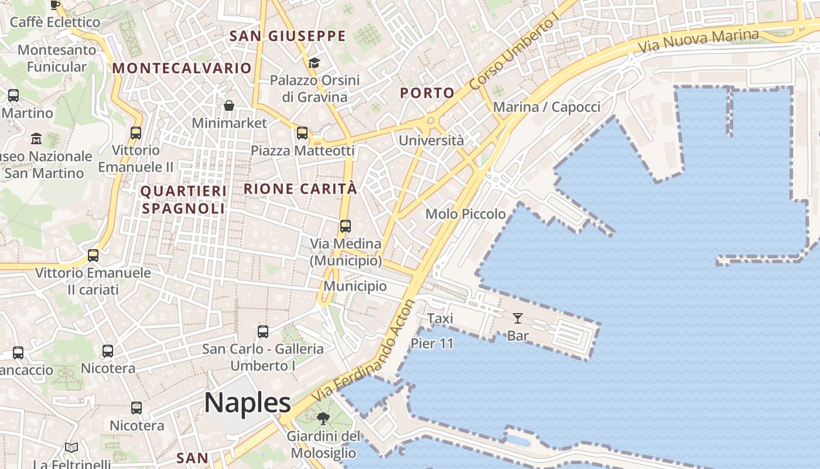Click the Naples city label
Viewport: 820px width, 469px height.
pyautogui.click(x=247, y=403)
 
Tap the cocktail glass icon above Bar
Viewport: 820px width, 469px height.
pyautogui.click(x=518, y=318)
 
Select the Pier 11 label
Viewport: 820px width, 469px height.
pyautogui.click(x=432, y=344)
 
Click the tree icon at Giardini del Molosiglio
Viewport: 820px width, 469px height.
pyautogui.click(x=323, y=419)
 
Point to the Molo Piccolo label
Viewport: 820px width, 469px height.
pyautogui.click(x=466, y=214)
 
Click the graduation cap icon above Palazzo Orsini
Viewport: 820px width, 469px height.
pyautogui.click(x=315, y=63)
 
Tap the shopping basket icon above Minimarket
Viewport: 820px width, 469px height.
pyautogui.click(x=229, y=106)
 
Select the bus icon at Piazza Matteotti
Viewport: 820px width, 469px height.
pyautogui.click(x=302, y=133)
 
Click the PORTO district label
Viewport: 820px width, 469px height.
pyautogui.click(x=428, y=93)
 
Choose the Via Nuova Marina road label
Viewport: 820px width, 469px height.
pyautogui.click(x=698, y=40)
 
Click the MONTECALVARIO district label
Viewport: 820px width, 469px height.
pyautogui.click(x=182, y=68)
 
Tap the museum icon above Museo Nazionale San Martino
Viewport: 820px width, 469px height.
pyautogui.click(x=36, y=139)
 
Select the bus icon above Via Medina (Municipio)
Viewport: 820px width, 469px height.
pyautogui.click(x=346, y=226)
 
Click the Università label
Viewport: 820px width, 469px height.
pyautogui.click(x=431, y=141)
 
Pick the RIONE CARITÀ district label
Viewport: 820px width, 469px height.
pyautogui.click(x=300, y=189)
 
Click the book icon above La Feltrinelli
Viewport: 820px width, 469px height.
pyautogui.click(x=71, y=448)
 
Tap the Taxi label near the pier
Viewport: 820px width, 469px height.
pyautogui.click(x=440, y=318)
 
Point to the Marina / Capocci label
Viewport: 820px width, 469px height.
pyautogui.click(x=546, y=107)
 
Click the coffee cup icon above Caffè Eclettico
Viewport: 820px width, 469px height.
pyautogui.click(x=55, y=5)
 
